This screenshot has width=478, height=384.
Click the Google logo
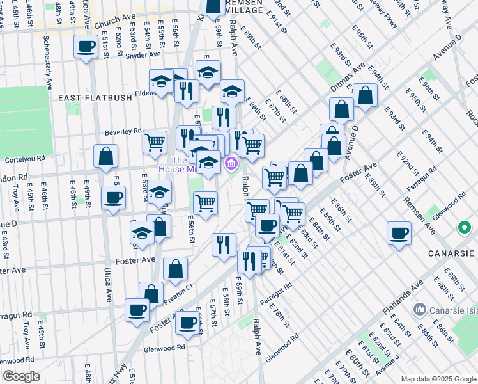click(20, 376)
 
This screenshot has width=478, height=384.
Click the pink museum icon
click(230, 165)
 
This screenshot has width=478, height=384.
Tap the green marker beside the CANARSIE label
click(463, 228)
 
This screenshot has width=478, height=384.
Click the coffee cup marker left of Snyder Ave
click(86, 46)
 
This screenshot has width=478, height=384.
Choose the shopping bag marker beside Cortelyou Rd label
click(105, 156)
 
